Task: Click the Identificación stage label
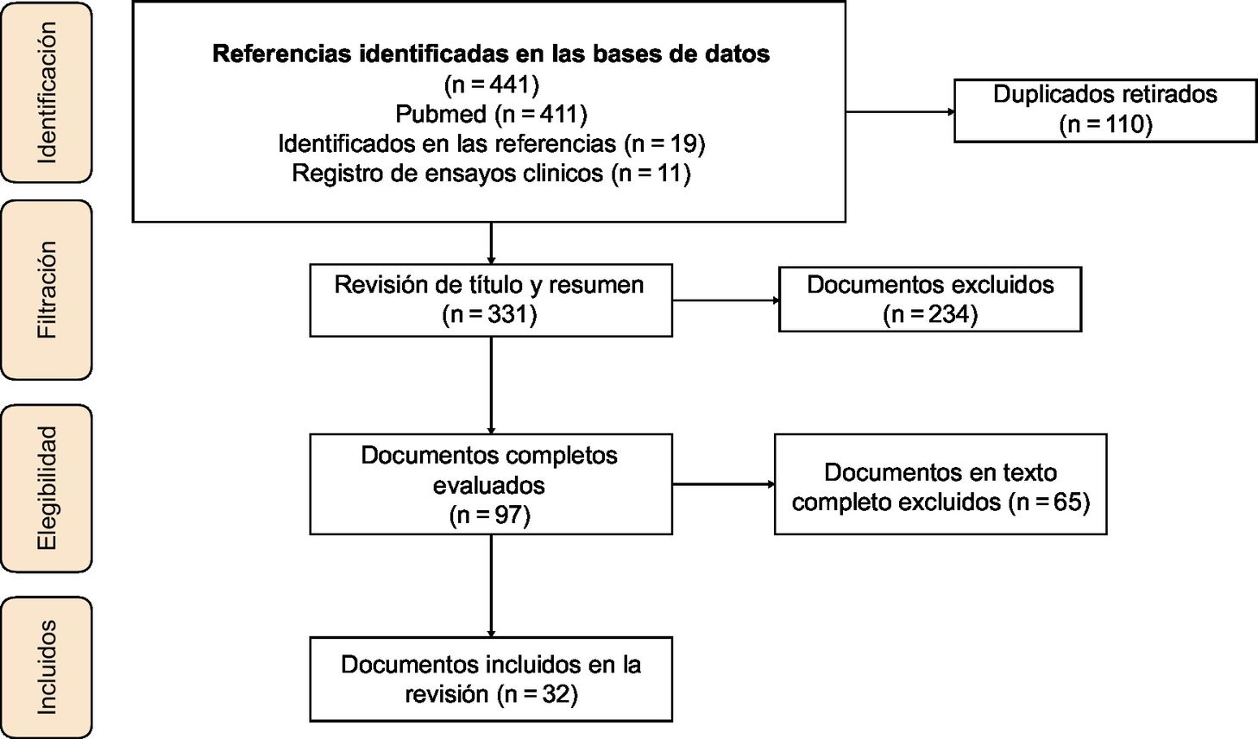pyautogui.click(x=46, y=92)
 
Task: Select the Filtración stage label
pyautogui.click(x=46, y=290)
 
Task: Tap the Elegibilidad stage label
pyautogui.click(x=46, y=488)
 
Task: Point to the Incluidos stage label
pyautogui.click(x=46, y=667)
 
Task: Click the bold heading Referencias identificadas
pyautogui.click(x=491, y=54)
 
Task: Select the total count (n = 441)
pyautogui.click(x=491, y=85)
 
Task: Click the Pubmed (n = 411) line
pyautogui.click(x=491, y=114)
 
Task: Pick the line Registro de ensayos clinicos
pyautogui.click(x=491, y=174)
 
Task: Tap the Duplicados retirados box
pyautogui.click(x=1104, y=111)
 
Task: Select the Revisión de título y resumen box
pyautogui.click(x=490, y=300)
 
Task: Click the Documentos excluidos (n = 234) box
pyautogui.click(x=929, y=300)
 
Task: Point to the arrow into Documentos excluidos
pyautogui.click(x=725, y=300)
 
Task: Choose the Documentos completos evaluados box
pyautogui.click(x=490, y=483)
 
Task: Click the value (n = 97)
pyautogui.click(x=490, y=515)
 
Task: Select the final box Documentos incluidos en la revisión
pyautogui.click(x=490, y=679)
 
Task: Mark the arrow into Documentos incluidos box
pyautogui.click(x=491, y=587)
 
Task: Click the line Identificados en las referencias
pyautogui.click(x=491, y=143)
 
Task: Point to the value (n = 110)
pyautogui.click(x=1104, y=124)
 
